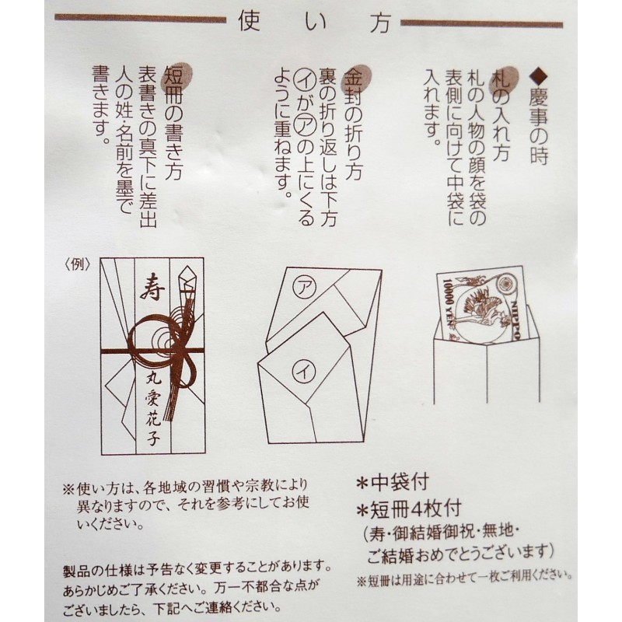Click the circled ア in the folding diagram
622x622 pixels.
click(305, 287)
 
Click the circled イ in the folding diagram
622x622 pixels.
click(304, 372)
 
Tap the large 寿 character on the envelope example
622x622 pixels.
click(152, 288)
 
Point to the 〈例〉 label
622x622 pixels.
click(77, 264)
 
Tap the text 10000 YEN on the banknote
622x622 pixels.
click(448, 306)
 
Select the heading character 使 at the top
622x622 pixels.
click(249, 21)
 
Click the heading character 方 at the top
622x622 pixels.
click(379, 22)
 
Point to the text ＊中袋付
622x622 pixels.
click(393, 483)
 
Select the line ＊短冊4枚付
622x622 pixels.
click(409, 509)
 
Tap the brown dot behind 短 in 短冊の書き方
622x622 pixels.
click(179, 76)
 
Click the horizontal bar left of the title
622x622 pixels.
click(140, 19)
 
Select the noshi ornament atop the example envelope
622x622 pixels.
click(188, 284)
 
